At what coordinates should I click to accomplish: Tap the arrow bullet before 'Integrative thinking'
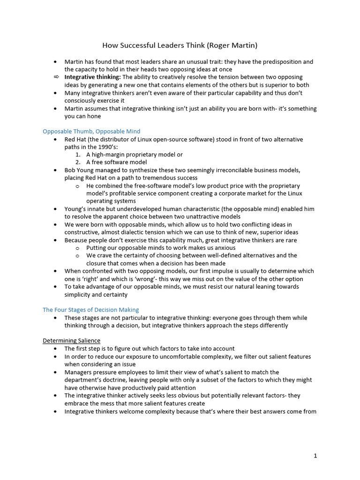pos(56,77)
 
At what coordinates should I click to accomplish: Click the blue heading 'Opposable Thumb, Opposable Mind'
pos(91,131)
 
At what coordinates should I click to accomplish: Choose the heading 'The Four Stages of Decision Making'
pos(90,310)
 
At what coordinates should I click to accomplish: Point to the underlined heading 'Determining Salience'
pos(71,341)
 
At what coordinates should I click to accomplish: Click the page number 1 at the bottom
pos(315,456)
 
